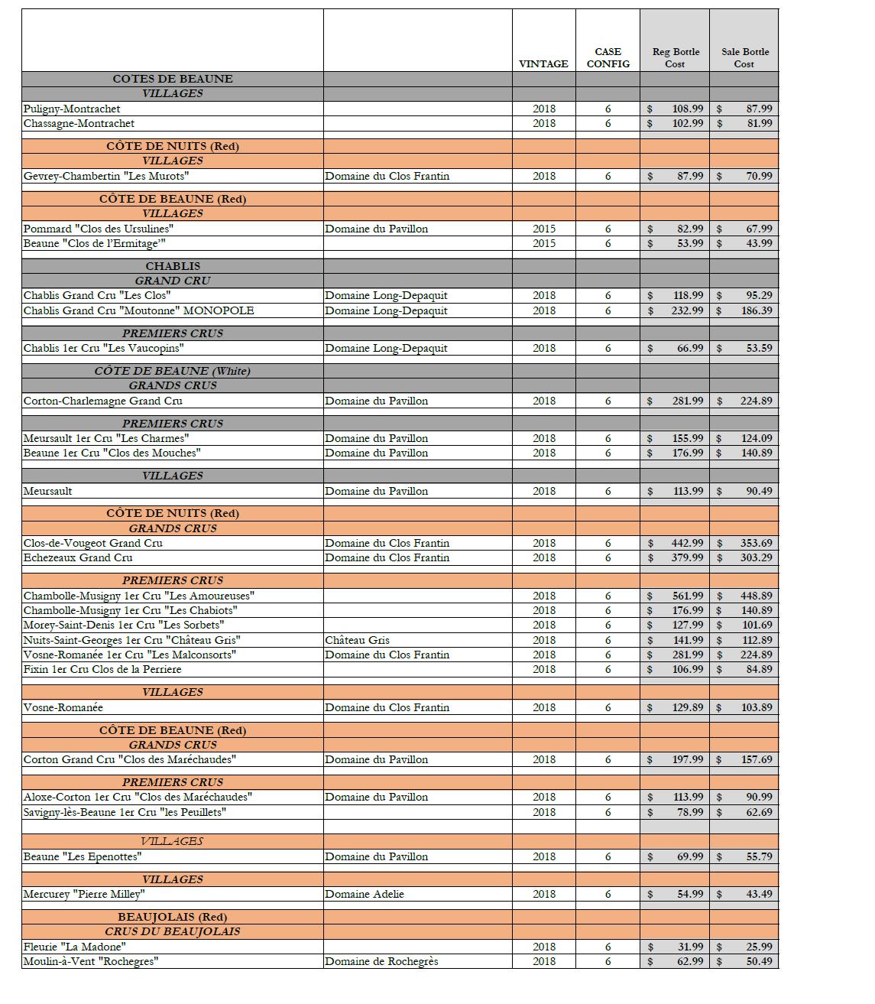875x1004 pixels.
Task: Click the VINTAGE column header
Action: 543,64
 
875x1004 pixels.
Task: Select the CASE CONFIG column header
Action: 608,58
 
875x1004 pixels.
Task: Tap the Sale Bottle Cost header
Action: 744,58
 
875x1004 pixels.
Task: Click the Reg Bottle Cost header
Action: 676,58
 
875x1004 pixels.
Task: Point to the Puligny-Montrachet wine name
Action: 72,109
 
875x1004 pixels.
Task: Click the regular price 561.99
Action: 687,596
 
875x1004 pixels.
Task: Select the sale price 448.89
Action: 756,596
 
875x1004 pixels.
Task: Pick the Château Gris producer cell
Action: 357,640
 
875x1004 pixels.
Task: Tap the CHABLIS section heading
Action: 173,266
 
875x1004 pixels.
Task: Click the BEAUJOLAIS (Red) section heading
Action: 173,917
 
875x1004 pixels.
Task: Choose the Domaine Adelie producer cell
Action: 365,894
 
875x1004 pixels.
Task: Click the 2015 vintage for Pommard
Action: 544,229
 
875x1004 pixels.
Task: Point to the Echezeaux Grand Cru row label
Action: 78,557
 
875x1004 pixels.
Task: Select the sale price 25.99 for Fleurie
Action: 759,947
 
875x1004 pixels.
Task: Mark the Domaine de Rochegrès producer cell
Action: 381,961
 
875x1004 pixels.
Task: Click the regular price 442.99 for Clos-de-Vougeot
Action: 687,543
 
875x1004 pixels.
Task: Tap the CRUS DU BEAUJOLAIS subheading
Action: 173,931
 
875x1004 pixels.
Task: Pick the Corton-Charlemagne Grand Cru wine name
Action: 103,401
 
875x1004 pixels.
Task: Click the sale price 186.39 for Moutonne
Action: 756,310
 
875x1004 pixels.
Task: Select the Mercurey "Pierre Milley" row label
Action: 84,894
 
